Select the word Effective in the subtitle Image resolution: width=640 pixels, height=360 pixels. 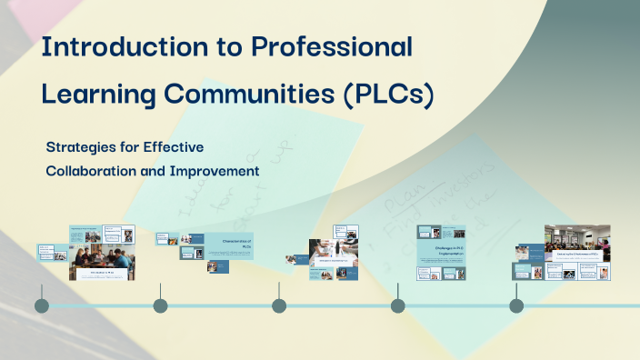click(x=175, y=146)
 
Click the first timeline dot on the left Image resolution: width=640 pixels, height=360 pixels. click(x=42, y=305)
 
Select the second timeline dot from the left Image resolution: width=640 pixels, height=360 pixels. click(x=160, y=305)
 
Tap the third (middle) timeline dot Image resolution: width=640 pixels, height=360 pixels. click(x=279, y=305)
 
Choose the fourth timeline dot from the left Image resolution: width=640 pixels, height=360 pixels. click(x=397, y=305)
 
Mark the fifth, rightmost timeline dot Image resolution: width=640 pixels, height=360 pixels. click(x=516, y=305)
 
